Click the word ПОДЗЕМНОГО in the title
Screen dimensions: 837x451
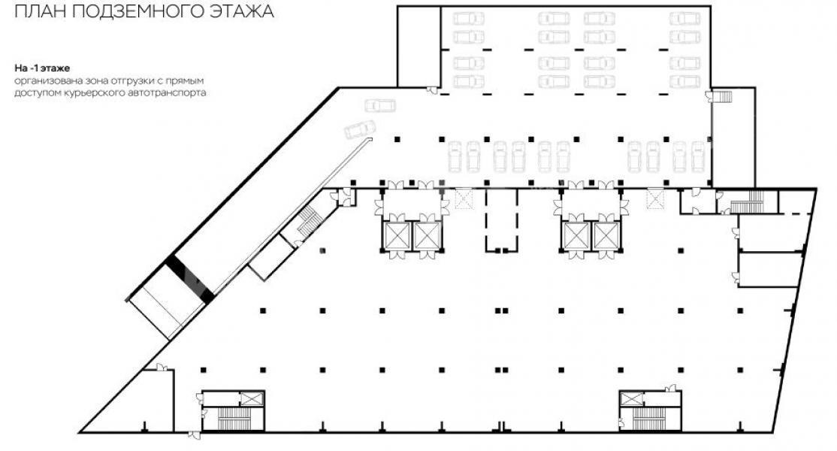(138, 11)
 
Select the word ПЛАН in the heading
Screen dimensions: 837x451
(40, 11)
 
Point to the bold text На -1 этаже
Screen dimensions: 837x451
(42, 68)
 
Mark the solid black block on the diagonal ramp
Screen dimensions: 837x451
(189, 279)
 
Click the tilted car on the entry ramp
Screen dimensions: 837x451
(361, 129)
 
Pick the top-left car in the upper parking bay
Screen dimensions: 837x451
(469, 19)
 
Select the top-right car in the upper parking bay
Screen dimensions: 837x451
(685, 19)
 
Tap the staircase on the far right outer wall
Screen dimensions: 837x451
(723, 97)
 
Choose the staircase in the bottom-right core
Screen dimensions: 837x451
(649, 418)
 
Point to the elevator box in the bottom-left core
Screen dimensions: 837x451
(252, 398)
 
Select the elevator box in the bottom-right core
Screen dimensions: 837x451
(631, 398)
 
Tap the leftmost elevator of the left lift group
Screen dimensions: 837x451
(397, 235)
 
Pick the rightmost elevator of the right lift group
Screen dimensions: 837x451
(606, 235)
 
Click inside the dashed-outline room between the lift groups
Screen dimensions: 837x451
(501, 220)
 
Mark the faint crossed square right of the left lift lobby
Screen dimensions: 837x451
(464, 199)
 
